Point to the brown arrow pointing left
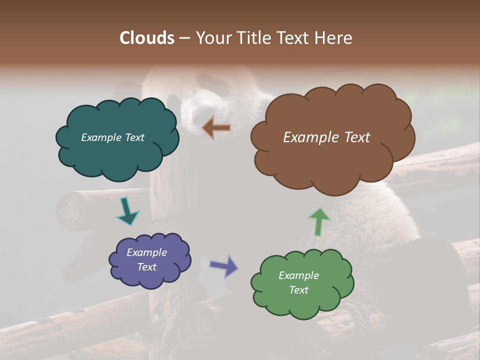point(216,128)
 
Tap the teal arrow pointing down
point(126,211)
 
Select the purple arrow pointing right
point(224,265)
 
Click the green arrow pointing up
point(319,221)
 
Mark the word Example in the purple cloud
point(146,252)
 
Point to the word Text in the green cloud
point(299,290)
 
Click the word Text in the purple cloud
point(147,267)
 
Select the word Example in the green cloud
point(298,275)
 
